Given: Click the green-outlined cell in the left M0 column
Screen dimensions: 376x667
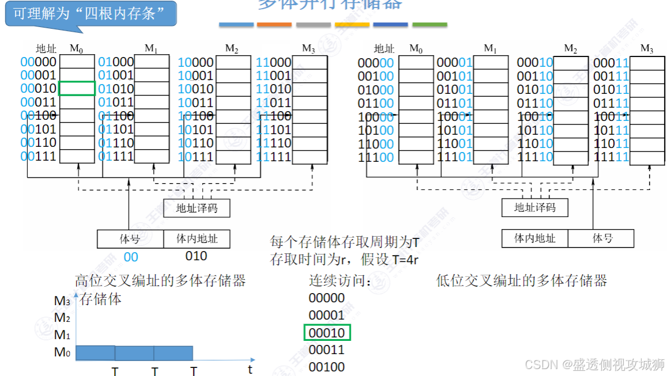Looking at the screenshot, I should coord(77,89).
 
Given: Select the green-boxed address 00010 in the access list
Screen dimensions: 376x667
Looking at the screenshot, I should coord(327,333).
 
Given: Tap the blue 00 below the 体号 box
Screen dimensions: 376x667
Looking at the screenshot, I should coord(131,257).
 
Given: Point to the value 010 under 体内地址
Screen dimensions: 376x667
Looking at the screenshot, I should coord(196,256).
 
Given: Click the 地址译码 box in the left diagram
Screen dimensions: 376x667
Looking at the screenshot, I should coord(196,208).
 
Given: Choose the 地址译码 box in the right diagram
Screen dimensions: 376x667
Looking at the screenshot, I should coord(535,207).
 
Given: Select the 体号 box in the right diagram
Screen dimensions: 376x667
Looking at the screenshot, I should coord(601,238).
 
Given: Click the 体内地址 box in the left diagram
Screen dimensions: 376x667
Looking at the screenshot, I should coord(196,238).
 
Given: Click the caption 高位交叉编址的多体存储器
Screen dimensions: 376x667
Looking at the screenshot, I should coord(160,281).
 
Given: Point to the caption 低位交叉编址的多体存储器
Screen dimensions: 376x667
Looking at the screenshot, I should coord(521,281).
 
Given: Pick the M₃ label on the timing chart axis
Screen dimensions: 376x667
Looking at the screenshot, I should coord(62,301).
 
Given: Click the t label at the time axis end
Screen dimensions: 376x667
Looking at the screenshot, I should coord(250,369).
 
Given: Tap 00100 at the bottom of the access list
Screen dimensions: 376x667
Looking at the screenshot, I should coord(327,367).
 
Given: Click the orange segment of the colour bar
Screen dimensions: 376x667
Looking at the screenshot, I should coord(274,25).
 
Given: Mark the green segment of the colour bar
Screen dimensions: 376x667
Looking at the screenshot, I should coord(429,25).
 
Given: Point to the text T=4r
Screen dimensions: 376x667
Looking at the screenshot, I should coord(405,260).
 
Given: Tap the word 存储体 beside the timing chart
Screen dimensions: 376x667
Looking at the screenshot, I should coord(100,299).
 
